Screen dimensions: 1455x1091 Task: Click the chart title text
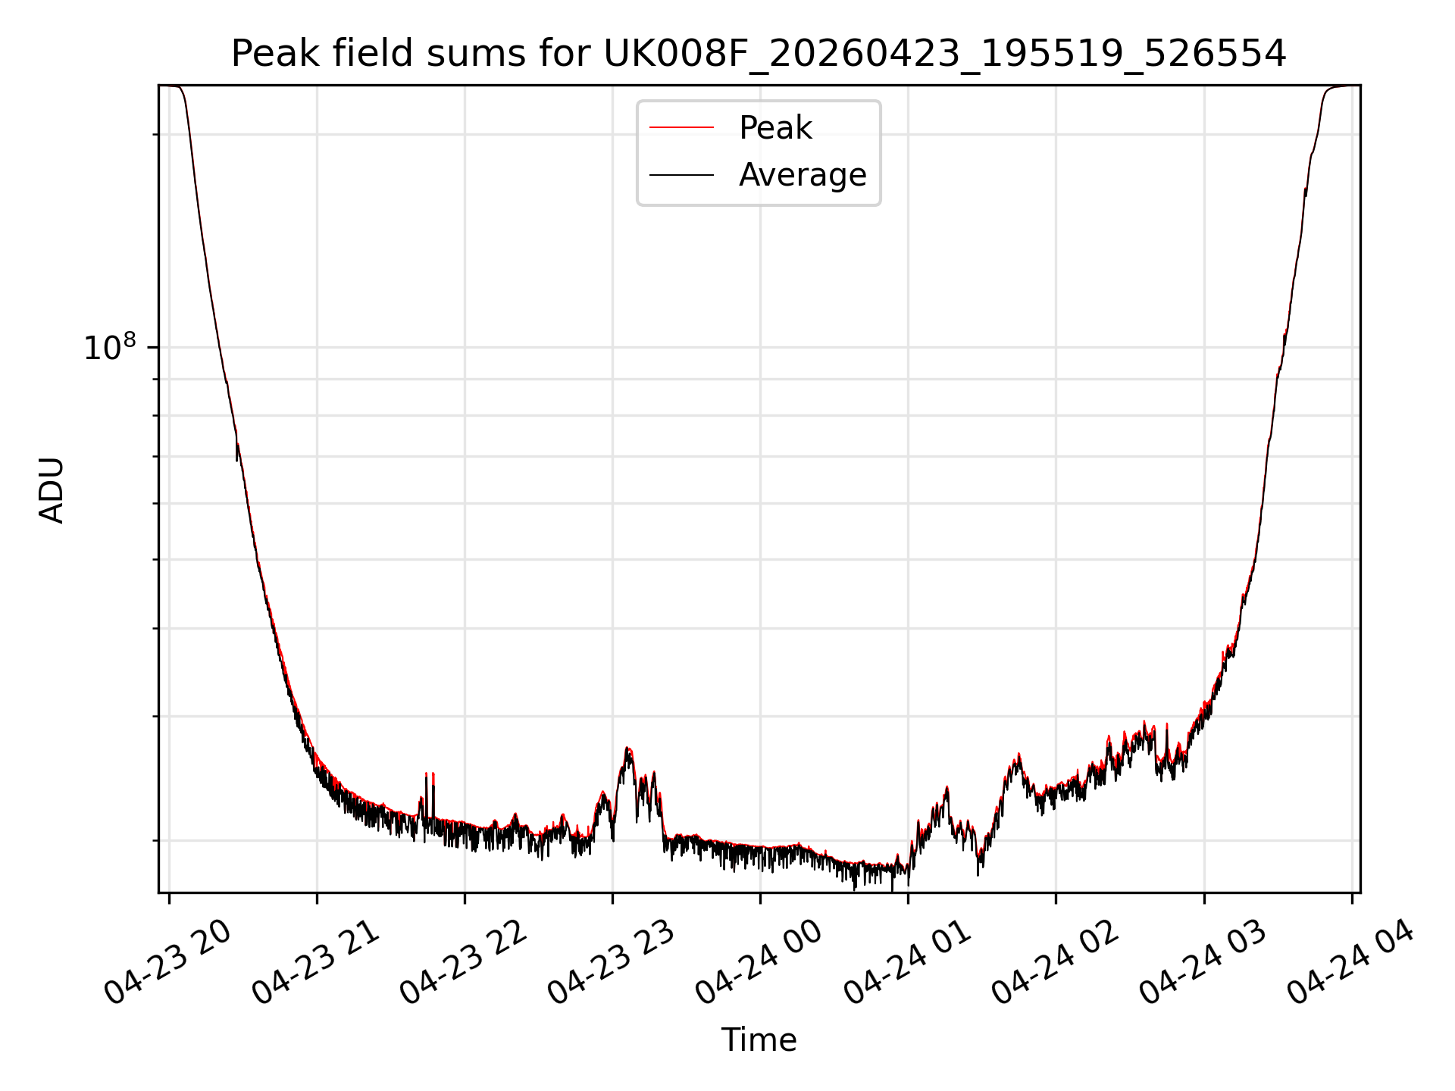pos(759,54)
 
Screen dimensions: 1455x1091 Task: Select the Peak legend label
pos(775,128)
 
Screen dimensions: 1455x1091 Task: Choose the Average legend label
pos(803,175)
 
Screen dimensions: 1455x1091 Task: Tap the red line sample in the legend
pos(681,128)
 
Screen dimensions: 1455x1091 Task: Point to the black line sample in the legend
pos(681,175)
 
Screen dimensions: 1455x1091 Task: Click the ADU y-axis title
pos(52,489)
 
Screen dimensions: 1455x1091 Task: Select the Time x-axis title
pos(759,1040)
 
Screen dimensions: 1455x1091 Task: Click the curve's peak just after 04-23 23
pos(627,749)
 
